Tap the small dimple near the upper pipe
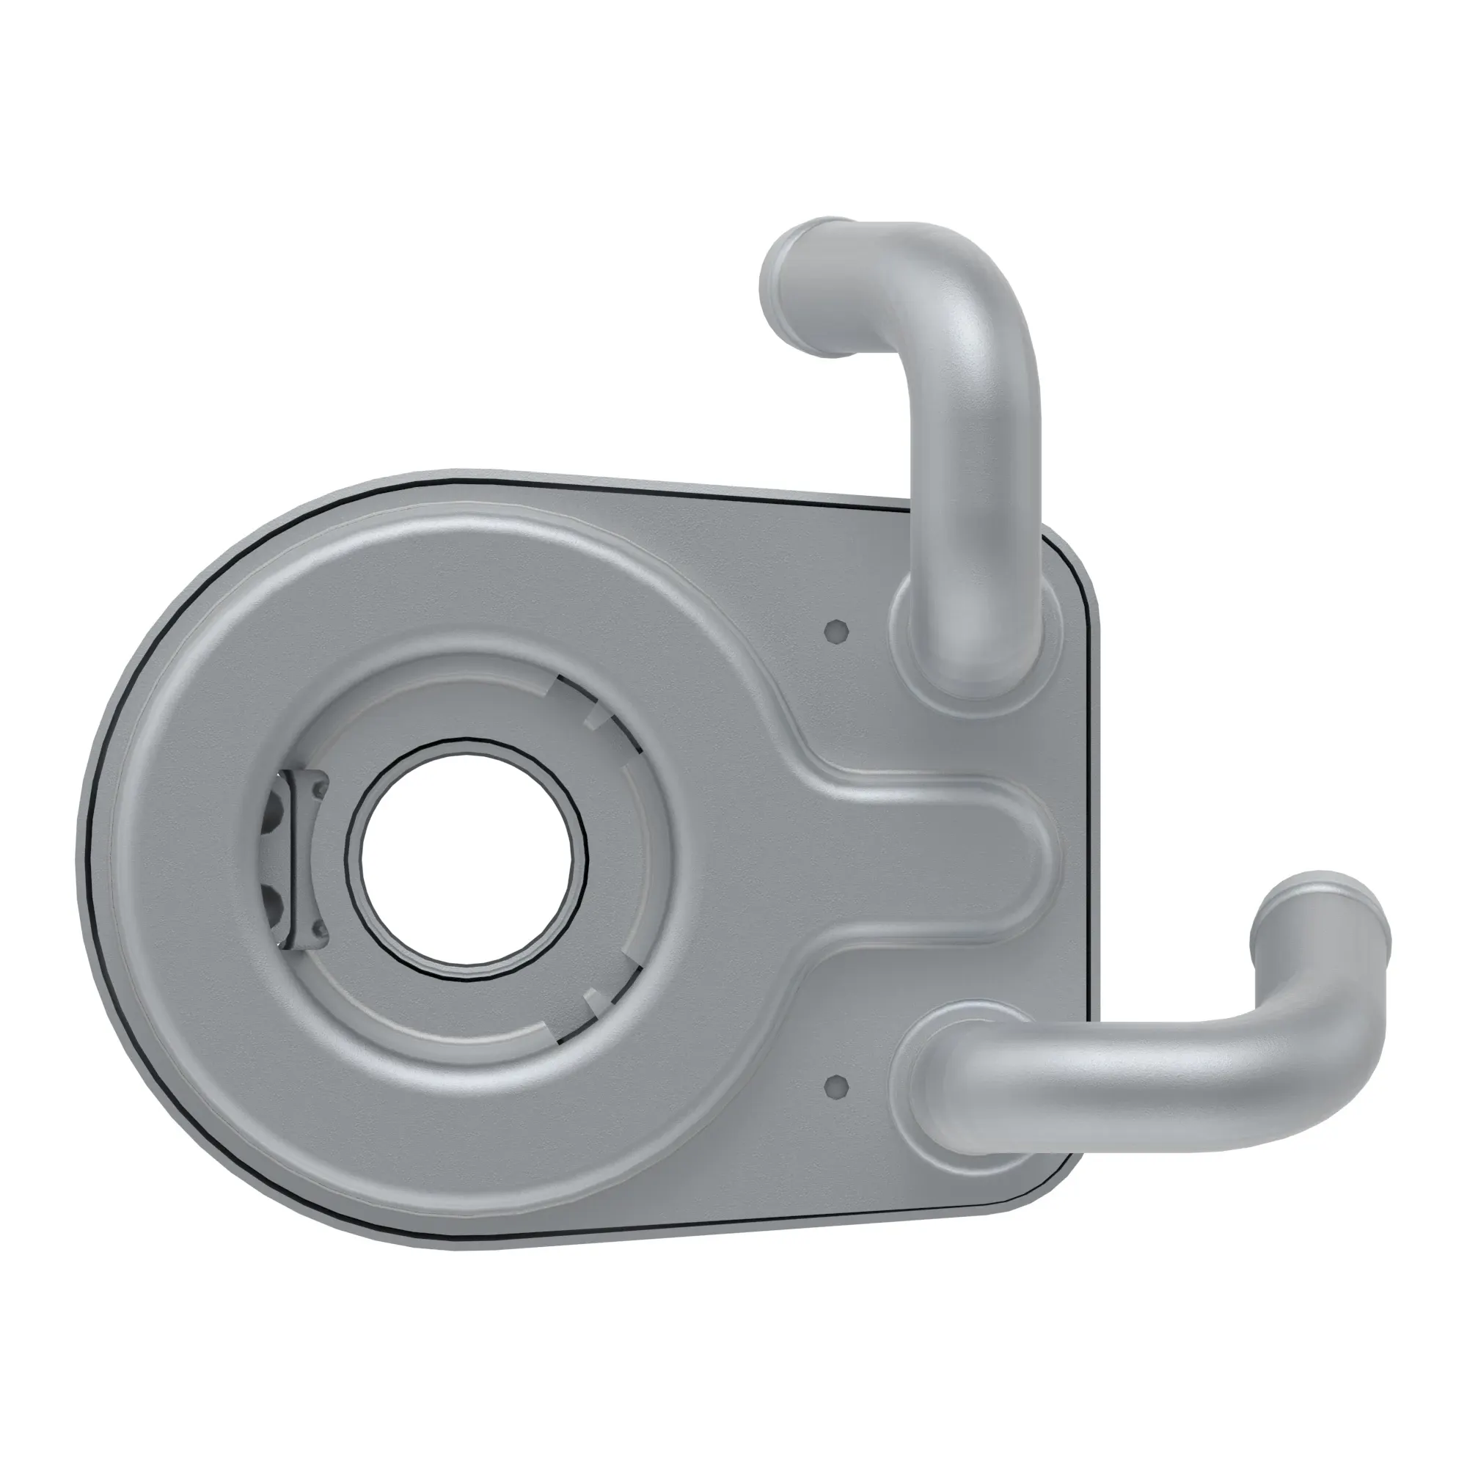pyautogui.click(x=836, y=631)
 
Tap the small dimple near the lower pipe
pyautogui.click(x=836, y=1086)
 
